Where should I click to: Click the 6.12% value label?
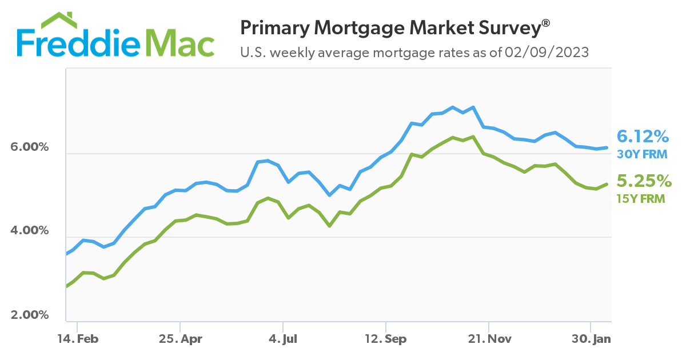[x=643, y=137]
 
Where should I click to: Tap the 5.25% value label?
[x=644, y=182]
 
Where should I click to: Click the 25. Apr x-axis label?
[x=180, y=339]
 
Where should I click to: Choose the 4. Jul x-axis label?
[x=283, y=339]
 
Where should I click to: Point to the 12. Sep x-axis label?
[x=386, y=339]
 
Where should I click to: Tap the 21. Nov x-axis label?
[x=489, y=339]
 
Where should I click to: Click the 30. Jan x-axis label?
[x=591, y=339]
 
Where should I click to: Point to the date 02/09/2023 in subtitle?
[x=547, y=53]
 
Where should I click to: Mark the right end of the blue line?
[x=607, y=147]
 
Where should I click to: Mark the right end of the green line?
[x=607, y=184]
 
